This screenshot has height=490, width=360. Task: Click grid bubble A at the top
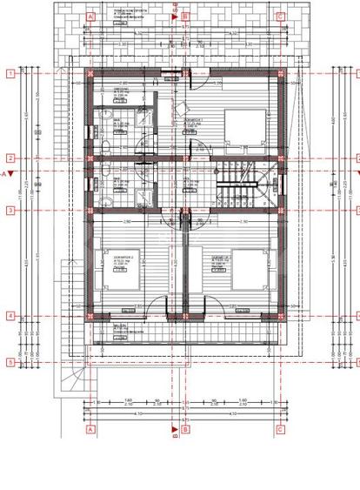click(x=90, y=17)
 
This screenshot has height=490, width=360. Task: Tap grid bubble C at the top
click(x=280, y=17)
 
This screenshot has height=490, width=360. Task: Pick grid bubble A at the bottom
click(x=90, y=429)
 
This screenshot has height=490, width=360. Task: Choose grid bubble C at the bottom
click(x=280, y=429)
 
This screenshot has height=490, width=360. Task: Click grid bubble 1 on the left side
click(x=10, y=75)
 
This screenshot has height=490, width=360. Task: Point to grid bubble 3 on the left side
click(x=10, y=211)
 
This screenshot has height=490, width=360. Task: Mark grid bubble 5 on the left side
click(x=10, y=361)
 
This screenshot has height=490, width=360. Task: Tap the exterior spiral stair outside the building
click(x=73, y=383)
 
